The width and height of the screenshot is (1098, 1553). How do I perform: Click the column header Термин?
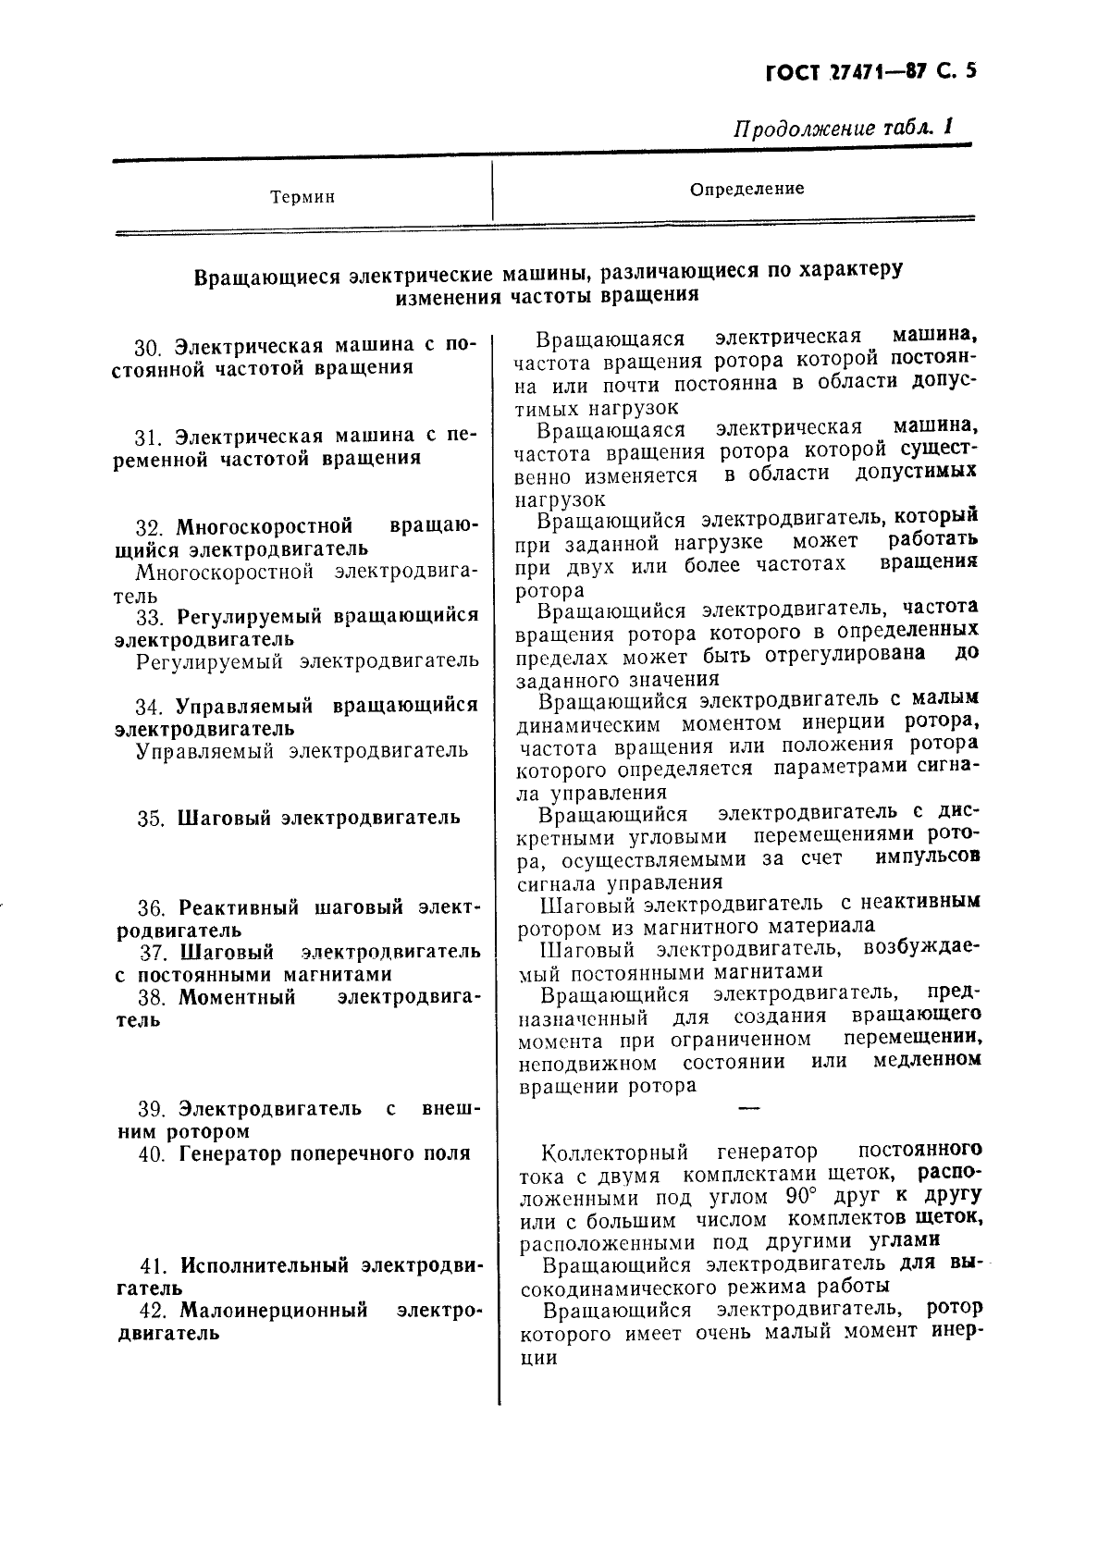[302, 197]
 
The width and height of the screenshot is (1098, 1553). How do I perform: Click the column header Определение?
[746, 189]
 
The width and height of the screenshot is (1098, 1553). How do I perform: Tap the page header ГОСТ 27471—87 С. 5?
[871, 73]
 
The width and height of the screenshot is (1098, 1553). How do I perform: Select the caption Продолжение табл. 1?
[843, 128]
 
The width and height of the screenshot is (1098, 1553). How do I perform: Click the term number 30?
[148, 348]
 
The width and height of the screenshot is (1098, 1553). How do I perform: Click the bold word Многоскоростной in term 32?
[265, 526]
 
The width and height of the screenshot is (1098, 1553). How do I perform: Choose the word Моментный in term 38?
[237, 998]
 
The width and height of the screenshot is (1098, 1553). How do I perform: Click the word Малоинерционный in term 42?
[274, 1311]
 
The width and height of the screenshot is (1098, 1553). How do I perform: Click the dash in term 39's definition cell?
[748, 1107]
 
